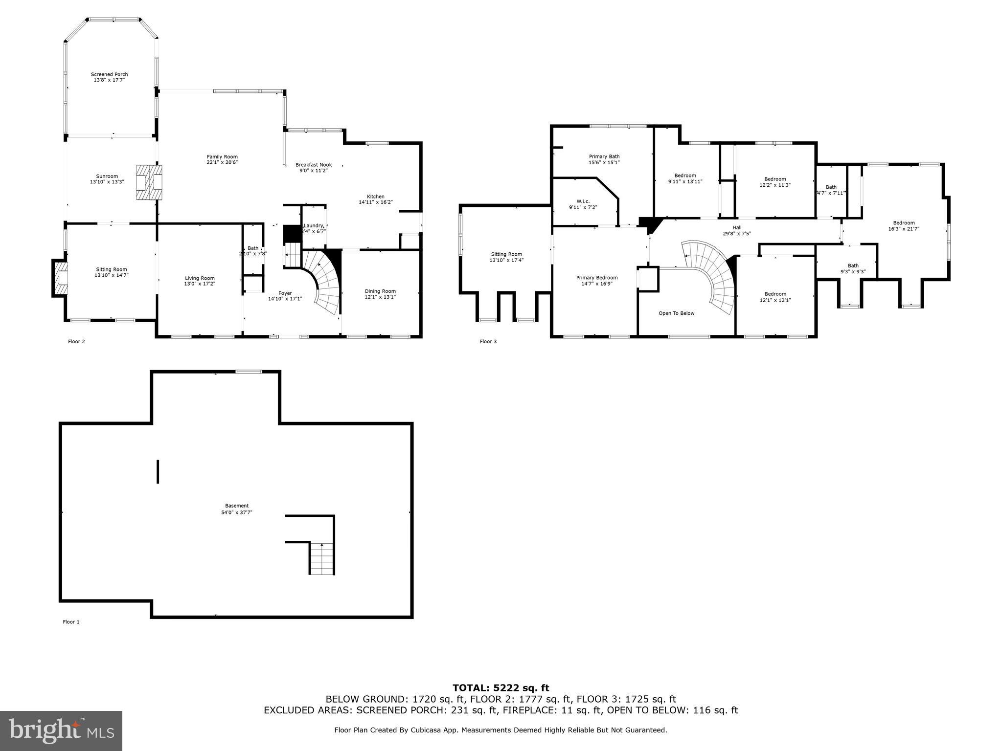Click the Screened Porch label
coord(109,74)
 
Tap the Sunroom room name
coord(107,176)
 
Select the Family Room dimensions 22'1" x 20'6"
coord(222,162)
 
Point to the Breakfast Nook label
coord(314,165)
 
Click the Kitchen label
coord(376,197)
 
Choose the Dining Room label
coord(380,291)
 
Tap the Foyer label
coord(285,293)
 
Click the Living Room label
coord(200,278)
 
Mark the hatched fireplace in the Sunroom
coord(149,182)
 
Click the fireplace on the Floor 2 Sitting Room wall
coord(60,278)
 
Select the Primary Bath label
coord(604,156)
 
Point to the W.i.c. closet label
coord(583,201)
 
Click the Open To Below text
coord(676,313)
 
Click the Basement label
coord(237,506)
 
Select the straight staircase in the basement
coord(322,559)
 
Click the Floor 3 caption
coord(488,341)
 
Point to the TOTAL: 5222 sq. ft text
coord(501,688)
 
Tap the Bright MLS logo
coord(61,731)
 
